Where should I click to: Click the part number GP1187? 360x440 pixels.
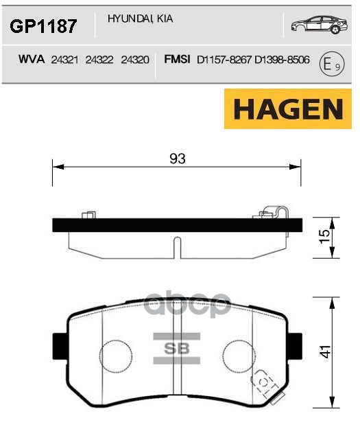[x=42, y=27]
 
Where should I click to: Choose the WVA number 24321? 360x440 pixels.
[x=65, y=61]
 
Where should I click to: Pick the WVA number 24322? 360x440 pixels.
[x=100, y=61]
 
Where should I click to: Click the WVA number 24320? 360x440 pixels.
[x=134, y=61]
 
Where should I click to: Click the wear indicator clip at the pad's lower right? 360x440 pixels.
[x=266, y=380]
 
